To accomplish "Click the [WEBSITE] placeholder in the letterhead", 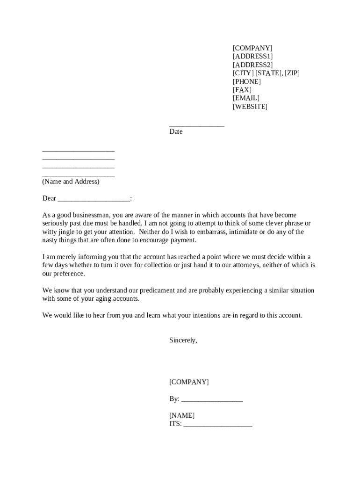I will click(x=250, y=107).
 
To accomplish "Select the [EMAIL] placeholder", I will click(x=246, y=98).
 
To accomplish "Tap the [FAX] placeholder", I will click(x=242, y=90).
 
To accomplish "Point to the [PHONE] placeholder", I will click(x=247, y=81).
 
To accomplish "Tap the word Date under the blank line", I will click(x=176, y=132).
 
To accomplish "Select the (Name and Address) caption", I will click(x=71, y=181).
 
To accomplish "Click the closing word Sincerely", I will click(x=183, y=341).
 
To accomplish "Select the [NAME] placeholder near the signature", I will click(x=182, y=416).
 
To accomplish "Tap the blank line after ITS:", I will click(x=218, y=425).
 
